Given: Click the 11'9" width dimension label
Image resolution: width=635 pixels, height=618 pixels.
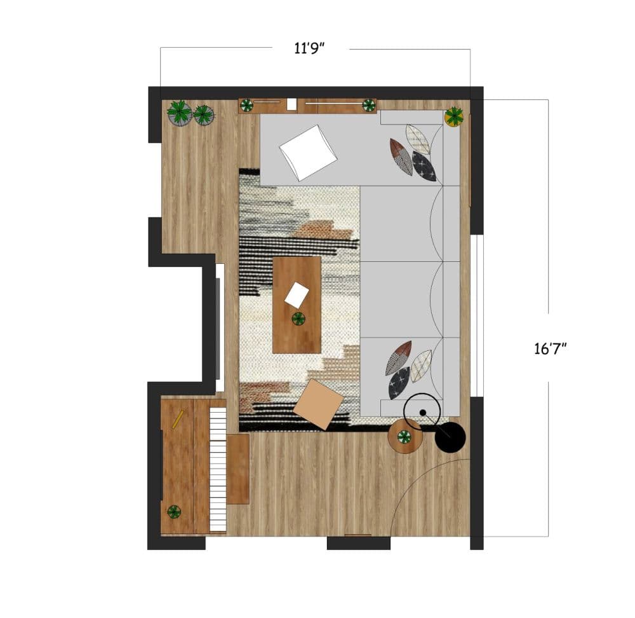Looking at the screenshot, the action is coord(309,48).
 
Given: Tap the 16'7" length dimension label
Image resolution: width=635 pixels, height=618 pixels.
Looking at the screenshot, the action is coord(550,348).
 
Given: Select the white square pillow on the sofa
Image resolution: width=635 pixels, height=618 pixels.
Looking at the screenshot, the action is coord(309,153).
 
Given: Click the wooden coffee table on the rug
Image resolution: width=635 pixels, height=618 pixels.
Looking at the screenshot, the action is coord(297,305).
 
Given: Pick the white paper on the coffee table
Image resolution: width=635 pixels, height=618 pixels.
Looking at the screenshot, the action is coord(297,295).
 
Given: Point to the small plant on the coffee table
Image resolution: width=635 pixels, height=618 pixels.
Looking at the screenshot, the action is coord(298,319).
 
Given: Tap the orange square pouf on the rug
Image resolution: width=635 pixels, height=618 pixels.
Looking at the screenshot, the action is coord(318,404).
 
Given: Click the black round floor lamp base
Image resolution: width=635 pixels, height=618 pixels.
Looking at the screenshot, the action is coord(450,437).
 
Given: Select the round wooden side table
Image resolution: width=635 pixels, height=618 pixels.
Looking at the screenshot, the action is coord(405,437).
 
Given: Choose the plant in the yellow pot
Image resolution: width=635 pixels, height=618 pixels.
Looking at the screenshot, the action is coord(454,116).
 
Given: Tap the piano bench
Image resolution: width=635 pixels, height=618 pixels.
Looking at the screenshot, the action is coord(237,469).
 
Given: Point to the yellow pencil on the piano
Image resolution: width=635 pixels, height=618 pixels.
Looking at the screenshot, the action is coord(178,419).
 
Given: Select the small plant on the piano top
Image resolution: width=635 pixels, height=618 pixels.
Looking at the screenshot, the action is coord(174,512).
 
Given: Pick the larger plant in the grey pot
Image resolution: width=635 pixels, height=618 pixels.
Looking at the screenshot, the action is coord(180,113).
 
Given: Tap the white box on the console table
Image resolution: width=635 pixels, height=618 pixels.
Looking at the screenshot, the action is coord(291,104).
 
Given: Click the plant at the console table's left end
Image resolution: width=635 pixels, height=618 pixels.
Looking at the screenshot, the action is coord(246,106).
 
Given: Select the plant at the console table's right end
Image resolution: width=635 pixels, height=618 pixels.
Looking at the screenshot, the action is coord(368,106).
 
